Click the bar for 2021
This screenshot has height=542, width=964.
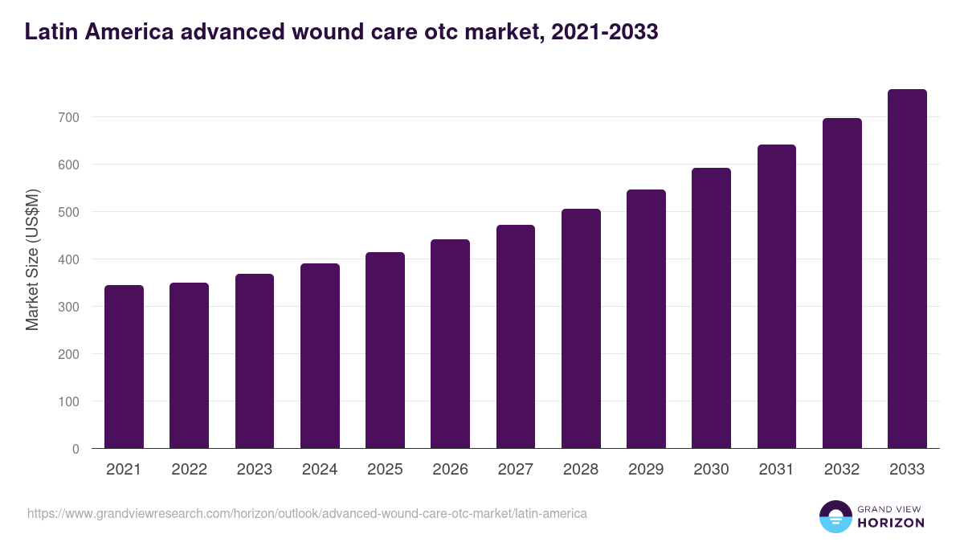[124, 367]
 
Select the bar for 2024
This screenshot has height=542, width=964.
[320, 356]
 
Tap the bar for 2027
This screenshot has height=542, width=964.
[516, 336]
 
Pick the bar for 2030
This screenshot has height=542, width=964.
[711, 308]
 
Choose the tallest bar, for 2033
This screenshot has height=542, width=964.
[907, 269]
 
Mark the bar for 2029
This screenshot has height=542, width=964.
[646, 319]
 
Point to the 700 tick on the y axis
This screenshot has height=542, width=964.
[69, 117]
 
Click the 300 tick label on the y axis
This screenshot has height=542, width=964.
[69, 307]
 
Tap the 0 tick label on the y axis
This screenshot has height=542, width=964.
[76, 449]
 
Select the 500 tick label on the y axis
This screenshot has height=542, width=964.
[69, 212]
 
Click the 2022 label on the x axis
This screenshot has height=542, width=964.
[189, 470]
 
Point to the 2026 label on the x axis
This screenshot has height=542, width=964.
[450, 470]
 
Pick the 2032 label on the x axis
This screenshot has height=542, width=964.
[842, 470]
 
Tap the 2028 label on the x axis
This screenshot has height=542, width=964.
[581, 470]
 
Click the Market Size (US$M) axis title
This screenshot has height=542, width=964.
[32, 259]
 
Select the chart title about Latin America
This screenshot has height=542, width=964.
[341, 32]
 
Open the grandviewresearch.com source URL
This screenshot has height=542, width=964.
[307, 513]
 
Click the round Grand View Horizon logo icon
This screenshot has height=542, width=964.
[835, 516]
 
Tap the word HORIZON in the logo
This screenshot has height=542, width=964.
[891, 523]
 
